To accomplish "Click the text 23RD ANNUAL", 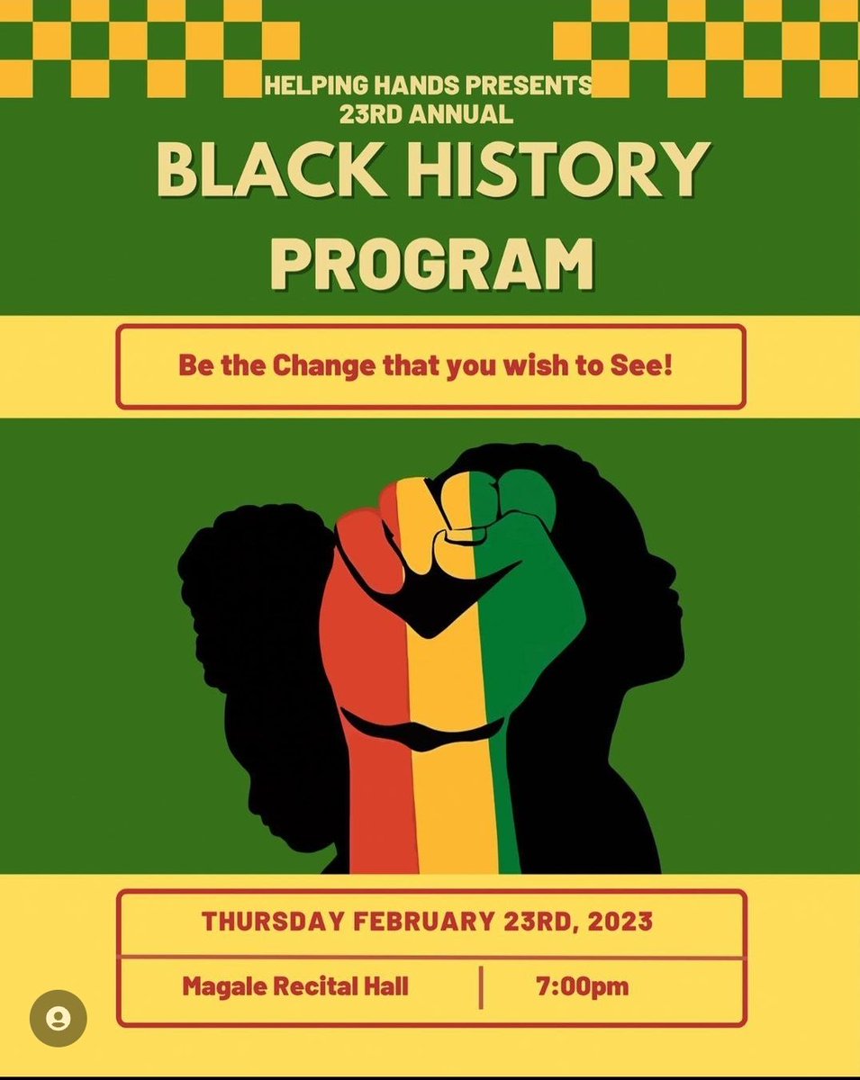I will point(427,114).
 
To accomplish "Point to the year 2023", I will point(620,922).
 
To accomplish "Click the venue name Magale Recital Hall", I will point(295,985).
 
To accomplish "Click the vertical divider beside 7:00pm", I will point(482,985).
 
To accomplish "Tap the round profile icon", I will point(59,1019).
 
